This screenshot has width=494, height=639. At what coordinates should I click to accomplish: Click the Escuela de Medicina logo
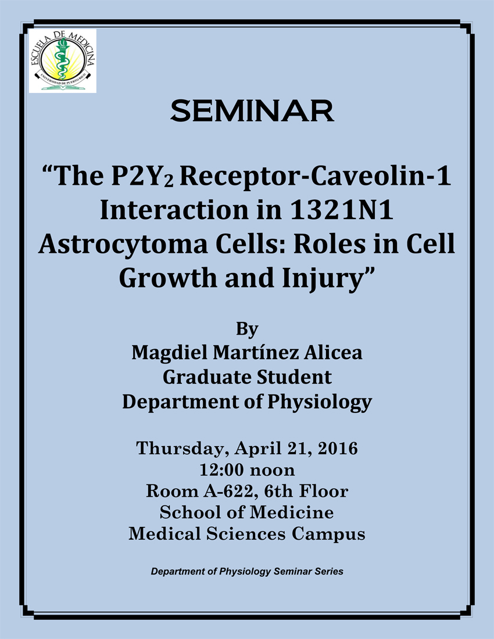tap(63, 61)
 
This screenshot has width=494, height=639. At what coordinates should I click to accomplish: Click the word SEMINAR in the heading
tap(252, 111)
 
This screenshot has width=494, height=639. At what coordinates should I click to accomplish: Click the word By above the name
tap(247, 328)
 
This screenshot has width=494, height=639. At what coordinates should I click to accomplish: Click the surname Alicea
tap(332, 353)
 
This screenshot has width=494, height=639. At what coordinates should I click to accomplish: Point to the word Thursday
tap(181, 448)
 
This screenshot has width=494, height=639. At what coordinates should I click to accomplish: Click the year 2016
tap(338, 448)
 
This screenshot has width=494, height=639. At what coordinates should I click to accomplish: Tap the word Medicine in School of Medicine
tap(291, 512)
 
